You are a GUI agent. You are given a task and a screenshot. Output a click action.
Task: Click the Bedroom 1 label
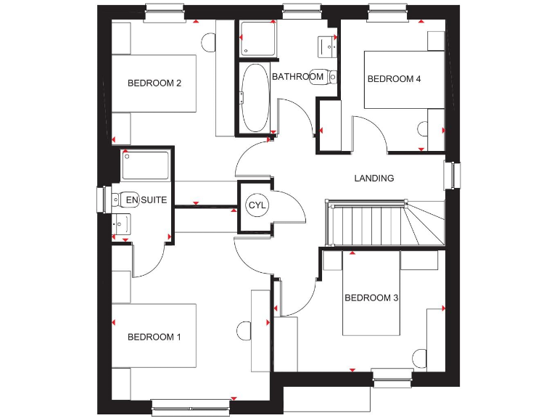[154, 337]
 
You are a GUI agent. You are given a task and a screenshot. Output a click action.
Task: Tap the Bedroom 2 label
[154, 83]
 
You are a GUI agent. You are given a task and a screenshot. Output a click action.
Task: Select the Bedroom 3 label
[371, 298]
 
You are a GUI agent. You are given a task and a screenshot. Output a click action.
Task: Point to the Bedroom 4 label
[394, 79]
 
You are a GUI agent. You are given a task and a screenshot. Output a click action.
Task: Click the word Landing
[374, 178]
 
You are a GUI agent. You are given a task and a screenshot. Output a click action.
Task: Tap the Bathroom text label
[297, 76]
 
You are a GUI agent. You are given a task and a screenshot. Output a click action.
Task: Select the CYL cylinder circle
[257, 205]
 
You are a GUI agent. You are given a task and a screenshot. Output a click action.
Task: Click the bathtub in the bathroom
[255, 97]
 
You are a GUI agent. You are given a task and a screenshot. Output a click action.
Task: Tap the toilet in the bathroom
[321, 76]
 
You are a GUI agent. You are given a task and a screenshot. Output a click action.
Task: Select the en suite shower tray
[146, 165]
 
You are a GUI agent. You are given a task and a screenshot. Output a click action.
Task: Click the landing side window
[456, 175]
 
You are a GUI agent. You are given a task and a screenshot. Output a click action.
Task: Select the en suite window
[101, 201]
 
